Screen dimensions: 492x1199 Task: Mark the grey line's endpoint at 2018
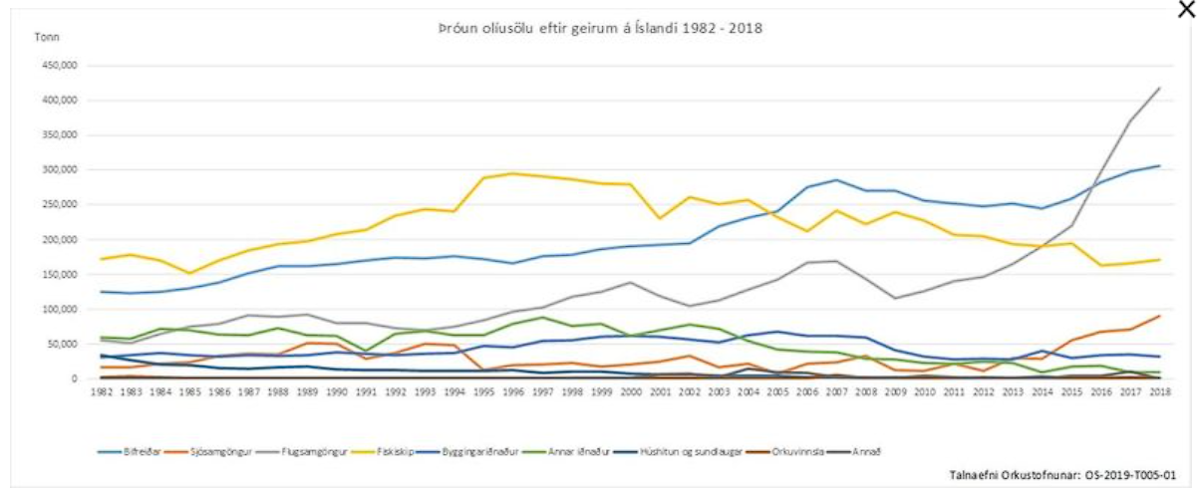(x=1159, y=88)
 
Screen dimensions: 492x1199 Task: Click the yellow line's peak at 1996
(x=514, y=173)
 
